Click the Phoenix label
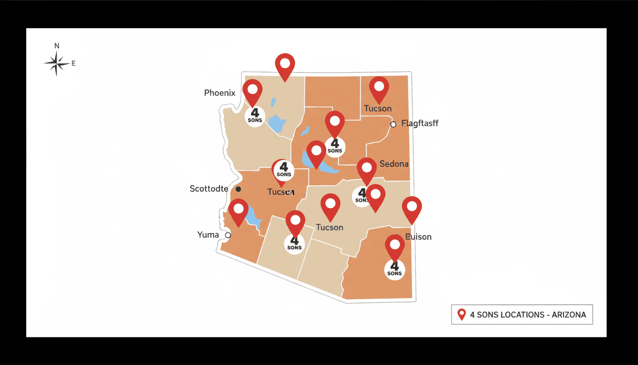click(219, 93)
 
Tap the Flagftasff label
click(420, 124)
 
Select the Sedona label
click(394, 164)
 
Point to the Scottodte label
click(209, 189)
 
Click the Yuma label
click(208, 235)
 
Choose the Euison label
click(418, 237)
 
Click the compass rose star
click(56, 63)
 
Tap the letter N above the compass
click(57, 46)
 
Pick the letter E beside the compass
click(74, 63)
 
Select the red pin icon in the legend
click(461, 314)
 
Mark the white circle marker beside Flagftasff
click(393, 125)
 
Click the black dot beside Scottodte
click(238, 189)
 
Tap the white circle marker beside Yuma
click(228, 235)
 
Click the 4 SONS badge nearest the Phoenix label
click(255, 115)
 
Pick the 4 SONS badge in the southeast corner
click(394, 269)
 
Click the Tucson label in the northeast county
click(378, 109)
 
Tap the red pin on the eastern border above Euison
click(412, 207)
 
